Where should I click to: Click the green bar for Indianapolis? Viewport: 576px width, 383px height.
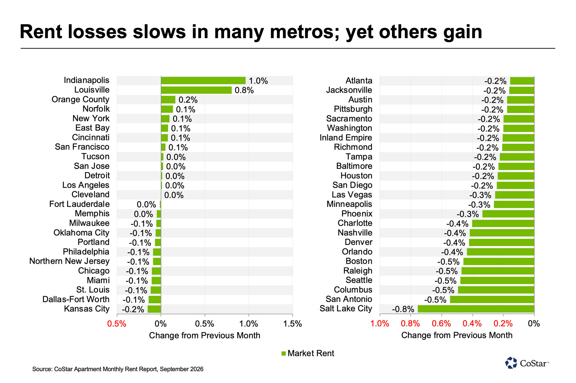(x=203, y=81)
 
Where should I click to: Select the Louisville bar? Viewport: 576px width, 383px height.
(x=196, y=90)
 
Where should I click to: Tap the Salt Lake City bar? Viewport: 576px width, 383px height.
(x=476, y=309)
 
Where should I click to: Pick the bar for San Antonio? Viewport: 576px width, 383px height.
(x=492, y=300)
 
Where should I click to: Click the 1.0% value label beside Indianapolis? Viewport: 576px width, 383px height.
(x=258, y=81)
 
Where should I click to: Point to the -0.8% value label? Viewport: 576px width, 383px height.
(x=403, y=309)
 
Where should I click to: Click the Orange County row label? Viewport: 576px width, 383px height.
(x=80, y=99)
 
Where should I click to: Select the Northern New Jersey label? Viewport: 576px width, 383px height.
(x=69, y=261)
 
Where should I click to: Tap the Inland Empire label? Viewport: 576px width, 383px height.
(x=346, y=138)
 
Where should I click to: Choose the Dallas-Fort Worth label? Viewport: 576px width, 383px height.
(x=76, y=299)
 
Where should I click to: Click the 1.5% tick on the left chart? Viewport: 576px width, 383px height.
(x=292, y=324)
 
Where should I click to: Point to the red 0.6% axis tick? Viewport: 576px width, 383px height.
(x=441, y=324)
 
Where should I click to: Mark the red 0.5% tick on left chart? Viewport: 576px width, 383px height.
(x=117, y=324)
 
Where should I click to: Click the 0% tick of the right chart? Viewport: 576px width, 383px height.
(x=534, y=324)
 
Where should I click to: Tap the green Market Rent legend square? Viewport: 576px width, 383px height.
(x=284, y=354)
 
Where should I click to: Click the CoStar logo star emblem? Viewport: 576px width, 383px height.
(x=511, y=363)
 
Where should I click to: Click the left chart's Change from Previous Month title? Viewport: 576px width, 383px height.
(x=204, y=335)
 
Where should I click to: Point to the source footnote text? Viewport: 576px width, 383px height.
(x=118, y=369)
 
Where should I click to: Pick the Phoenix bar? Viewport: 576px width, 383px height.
(x=508, y=214)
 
